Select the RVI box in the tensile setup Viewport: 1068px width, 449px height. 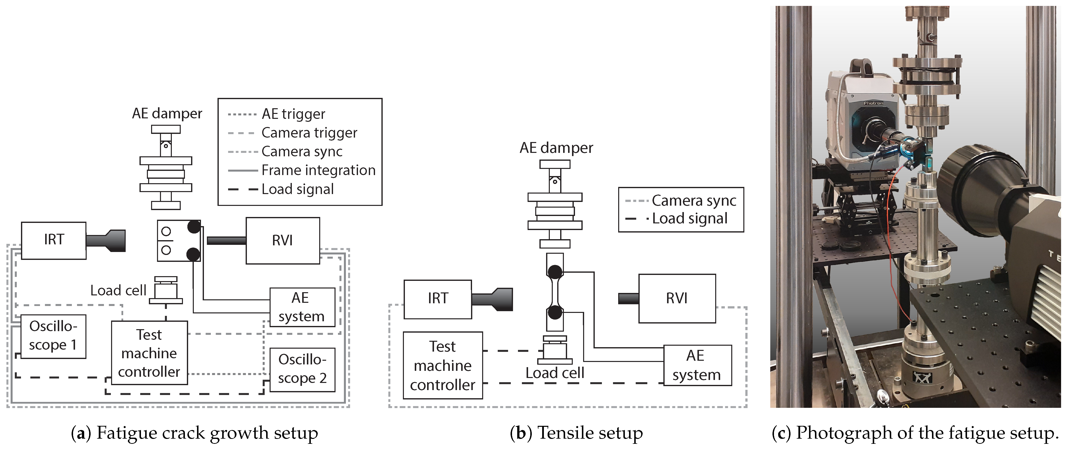point(677,298)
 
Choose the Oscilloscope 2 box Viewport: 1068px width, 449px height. point(302,369)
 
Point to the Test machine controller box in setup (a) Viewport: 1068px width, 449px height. point(149,353)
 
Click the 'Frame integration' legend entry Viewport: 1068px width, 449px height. point(318,170)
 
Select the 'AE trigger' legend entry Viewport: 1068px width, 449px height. point(293,114)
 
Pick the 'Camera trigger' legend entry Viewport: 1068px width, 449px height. point(309,133)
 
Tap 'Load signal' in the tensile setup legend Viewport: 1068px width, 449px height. point(690,218)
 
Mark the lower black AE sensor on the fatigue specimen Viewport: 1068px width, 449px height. point(193,254)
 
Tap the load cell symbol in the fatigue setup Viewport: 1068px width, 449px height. point(166,290)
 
